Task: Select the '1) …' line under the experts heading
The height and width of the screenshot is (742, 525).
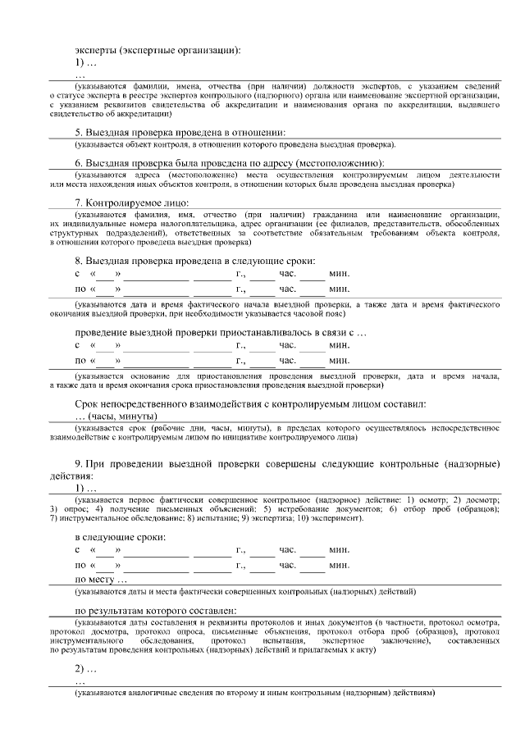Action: click(x=86, y=62)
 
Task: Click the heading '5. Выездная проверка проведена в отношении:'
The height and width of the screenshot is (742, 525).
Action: click(x=180, y=132)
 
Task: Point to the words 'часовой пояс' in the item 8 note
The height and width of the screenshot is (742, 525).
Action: click(x=308, y=314)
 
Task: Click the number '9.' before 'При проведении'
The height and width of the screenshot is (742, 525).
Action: click(x=80, y=463)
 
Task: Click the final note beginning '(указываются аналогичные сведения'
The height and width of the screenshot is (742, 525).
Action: click(x=254, y=693)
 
